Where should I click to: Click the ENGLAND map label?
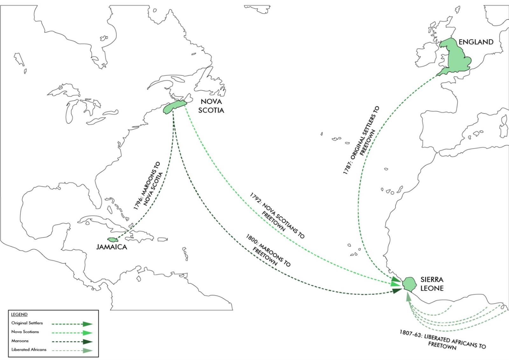coord(476,42)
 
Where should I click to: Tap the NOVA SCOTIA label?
coord(211,106)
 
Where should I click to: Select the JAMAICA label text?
coord(112,247)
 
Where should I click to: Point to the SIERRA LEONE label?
coord(432,284)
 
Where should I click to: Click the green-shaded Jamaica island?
coord(112,239)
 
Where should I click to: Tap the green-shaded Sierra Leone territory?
coord(409,284)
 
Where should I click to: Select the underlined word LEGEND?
coord(19,314)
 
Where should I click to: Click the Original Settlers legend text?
coord(27,323)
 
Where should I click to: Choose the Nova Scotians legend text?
coord(25,332)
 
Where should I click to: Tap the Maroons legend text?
coord(20,341)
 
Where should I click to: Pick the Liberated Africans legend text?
coord(29,350)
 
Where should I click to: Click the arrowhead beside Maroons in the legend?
coord(88,342)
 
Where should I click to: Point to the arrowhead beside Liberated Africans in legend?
coord(88,351)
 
